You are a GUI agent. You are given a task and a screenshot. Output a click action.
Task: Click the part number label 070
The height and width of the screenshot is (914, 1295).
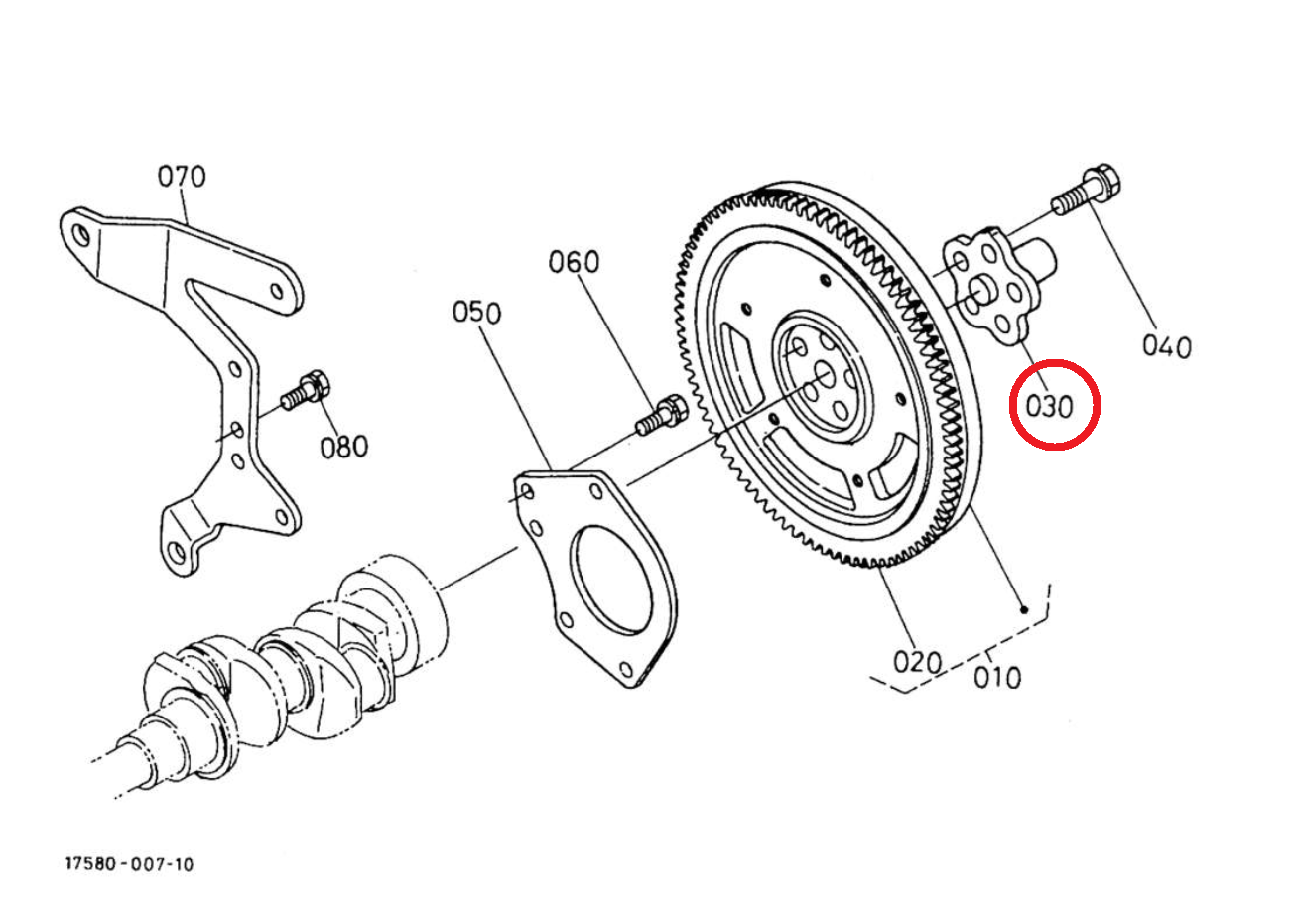182,177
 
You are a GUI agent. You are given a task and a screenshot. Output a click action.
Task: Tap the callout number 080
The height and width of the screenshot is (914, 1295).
344,447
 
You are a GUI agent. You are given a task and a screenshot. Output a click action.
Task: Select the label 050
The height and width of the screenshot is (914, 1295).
476,313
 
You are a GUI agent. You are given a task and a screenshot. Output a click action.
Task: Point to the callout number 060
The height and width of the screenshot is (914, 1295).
574,262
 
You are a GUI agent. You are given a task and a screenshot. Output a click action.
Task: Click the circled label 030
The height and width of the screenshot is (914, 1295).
1049,407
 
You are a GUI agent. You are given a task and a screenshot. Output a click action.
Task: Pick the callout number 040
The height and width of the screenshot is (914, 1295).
1167,347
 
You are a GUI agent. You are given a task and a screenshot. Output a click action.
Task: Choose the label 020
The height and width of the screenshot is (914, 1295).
918,662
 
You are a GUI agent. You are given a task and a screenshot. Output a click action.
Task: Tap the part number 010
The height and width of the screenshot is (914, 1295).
997,678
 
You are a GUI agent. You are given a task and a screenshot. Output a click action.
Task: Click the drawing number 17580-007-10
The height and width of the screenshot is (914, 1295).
129,864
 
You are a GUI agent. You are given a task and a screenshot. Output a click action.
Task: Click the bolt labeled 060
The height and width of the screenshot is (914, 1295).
661,415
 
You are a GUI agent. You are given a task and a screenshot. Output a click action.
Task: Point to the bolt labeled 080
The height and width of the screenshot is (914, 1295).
306,390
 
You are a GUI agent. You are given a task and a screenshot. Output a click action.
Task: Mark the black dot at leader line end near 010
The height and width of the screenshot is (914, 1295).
1024,610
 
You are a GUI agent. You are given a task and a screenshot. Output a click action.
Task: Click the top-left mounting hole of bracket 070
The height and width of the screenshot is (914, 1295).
82,235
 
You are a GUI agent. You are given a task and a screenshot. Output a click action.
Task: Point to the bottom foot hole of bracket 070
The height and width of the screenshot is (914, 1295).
177,551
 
